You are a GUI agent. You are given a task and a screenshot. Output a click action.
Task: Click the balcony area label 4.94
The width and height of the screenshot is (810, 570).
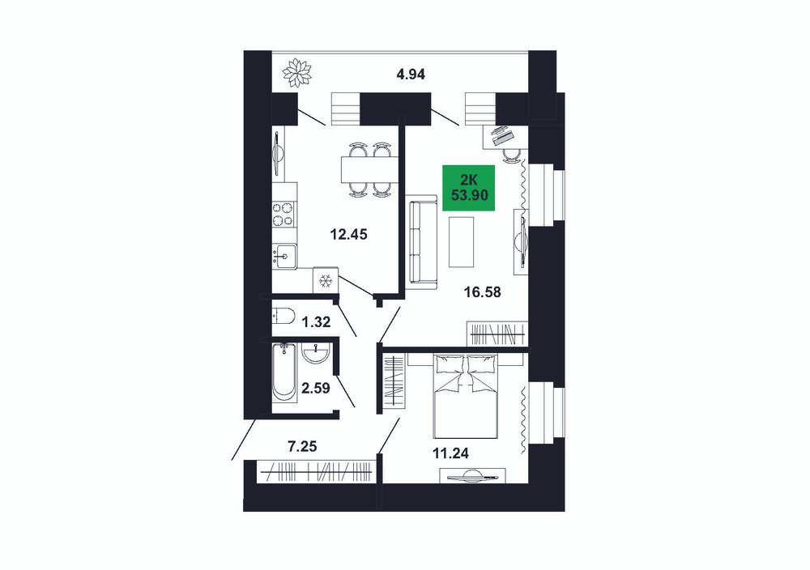tap(410, 74)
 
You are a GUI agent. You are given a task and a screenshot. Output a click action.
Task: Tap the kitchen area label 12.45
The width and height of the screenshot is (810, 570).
tap(348, 235)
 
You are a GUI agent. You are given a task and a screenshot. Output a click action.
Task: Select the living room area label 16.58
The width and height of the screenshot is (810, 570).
tap(482, 293)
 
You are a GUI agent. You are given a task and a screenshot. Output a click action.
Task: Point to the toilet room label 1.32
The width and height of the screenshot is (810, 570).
tap(316, 323)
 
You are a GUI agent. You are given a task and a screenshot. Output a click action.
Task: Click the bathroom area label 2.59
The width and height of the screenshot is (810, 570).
tap(315, 387)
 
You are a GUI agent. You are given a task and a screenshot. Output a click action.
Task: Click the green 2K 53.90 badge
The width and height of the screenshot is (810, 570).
tap(468, 188)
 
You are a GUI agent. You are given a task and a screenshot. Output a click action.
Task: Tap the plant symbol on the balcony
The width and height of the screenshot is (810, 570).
tap(297, 72)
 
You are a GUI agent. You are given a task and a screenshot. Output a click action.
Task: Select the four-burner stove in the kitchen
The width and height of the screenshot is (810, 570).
tap(284, 215)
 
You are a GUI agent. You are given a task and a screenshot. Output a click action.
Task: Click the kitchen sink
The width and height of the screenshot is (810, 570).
tap(284, 256)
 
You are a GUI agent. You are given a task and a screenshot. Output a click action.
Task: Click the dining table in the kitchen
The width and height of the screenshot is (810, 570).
tap(369, 170)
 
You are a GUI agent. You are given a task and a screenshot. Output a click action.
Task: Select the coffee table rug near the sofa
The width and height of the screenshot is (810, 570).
tap(462, 242)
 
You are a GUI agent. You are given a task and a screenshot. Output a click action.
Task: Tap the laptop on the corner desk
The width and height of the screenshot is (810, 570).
tap(503, 136)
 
